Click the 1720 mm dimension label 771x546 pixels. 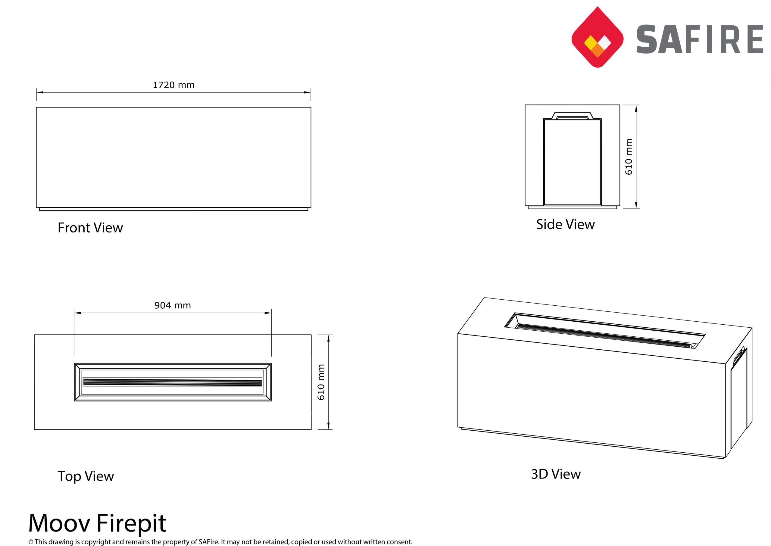tap(173, 85)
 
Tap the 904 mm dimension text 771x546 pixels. tap(173, 305)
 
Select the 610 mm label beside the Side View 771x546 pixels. tap(629, 157)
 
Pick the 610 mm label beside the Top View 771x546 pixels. tap(321, 382)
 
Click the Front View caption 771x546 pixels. tap(90, 228)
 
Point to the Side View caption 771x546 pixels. tap(565, 224)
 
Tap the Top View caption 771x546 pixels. tap(86, 476)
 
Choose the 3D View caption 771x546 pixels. tap(556, 474)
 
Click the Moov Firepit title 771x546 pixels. tap(97, 523)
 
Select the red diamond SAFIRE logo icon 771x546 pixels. tap(598, 37)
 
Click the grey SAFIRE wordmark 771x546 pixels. tap(699, 39)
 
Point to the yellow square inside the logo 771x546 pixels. tap(590, 42)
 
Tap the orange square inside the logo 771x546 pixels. tap(598, 50)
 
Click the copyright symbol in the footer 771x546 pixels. tap(31, 541)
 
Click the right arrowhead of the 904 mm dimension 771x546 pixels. tap(268, 313)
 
